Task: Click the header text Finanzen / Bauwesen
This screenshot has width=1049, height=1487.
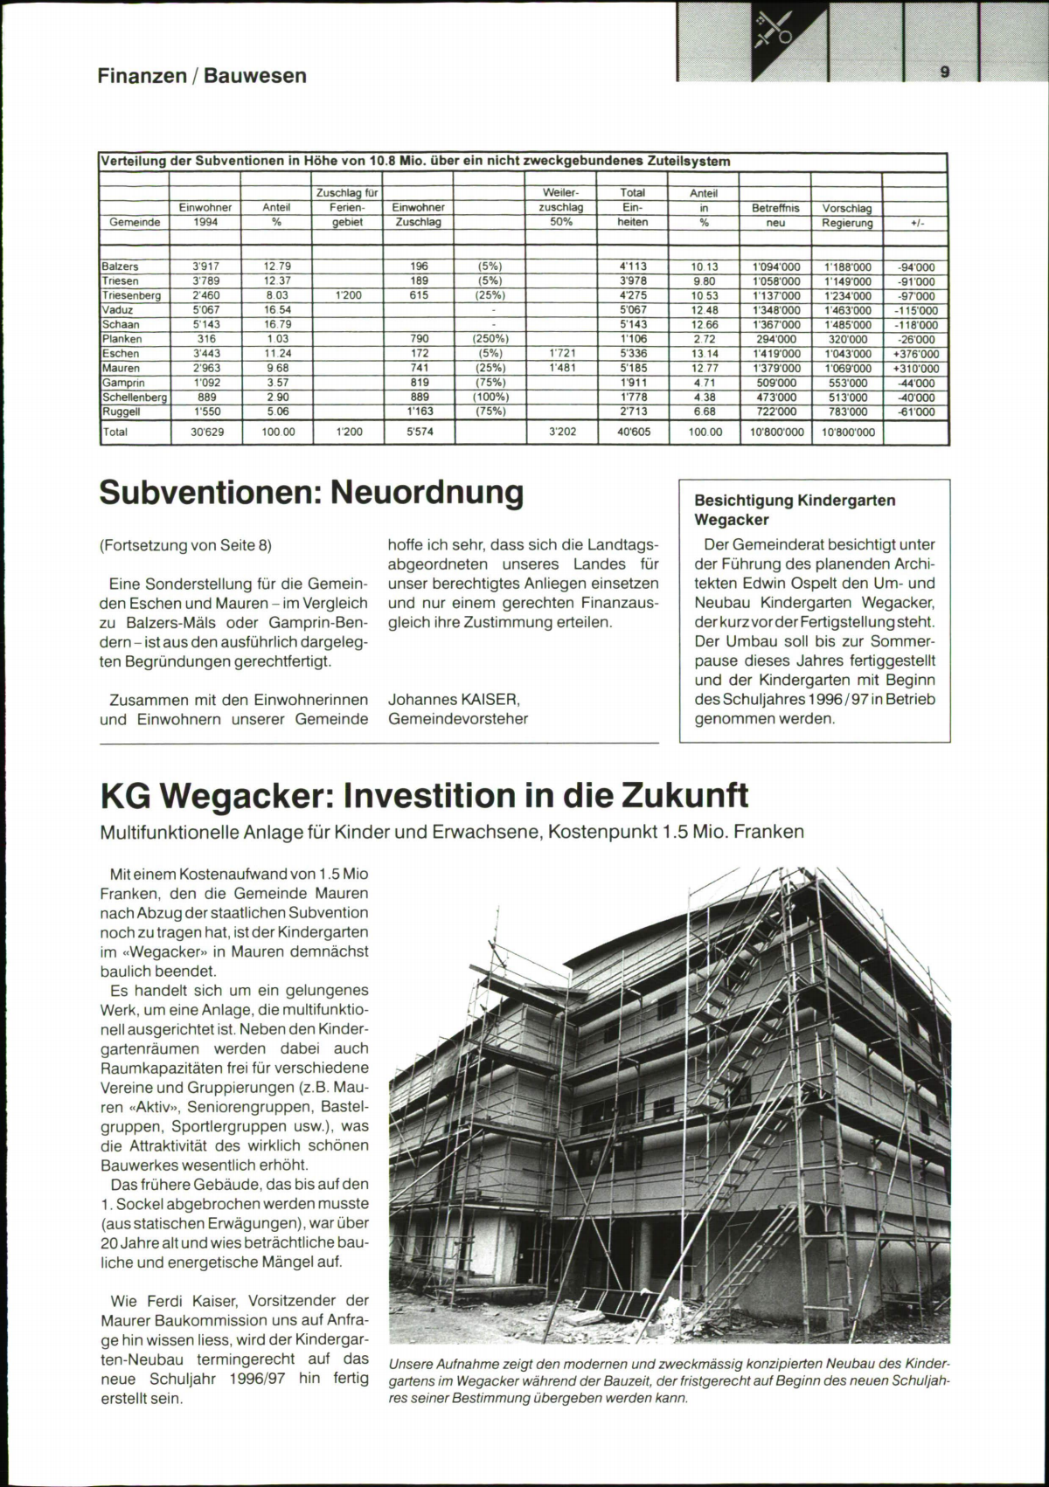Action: (x=202, y=76)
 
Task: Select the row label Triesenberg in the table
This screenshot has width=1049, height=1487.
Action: (x=132, y=295)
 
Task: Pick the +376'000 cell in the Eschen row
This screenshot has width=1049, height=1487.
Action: (x=914, y=354)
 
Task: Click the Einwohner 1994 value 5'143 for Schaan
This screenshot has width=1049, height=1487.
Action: (x=205, y=324)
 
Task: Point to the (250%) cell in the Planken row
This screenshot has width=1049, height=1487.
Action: (x=490, y=339)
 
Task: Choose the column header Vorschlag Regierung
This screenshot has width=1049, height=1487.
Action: (x=847, y=215)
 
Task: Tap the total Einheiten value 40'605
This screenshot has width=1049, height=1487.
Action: (x=633, y=432)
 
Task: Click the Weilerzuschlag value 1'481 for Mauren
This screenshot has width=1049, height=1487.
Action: (x=561, y=368)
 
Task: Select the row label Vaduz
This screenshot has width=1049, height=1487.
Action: (x=118, y=310)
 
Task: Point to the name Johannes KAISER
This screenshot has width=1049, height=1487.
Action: (x=455, y=700)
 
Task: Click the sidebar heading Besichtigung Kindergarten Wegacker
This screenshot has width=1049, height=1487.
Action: (x=794, y=510)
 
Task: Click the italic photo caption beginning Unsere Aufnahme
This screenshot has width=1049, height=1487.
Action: (x=669, y=1381)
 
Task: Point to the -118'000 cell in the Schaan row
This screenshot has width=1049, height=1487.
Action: (x=914, y=325)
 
